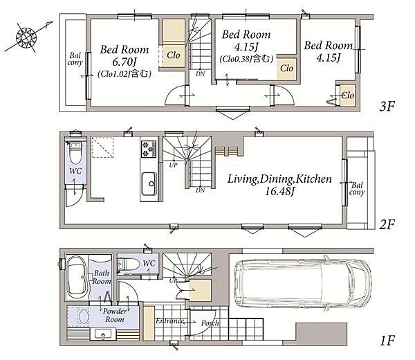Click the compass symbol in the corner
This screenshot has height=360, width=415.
point(26,37)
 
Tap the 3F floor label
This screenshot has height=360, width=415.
point(387,106)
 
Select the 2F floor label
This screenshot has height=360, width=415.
point(387,224)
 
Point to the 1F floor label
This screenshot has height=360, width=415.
point(387,341)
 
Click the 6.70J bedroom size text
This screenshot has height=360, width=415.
point(124,62)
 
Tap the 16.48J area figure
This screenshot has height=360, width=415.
point(279,191)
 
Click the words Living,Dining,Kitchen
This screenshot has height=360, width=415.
point(279,179)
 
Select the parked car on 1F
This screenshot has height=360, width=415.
point(303,283)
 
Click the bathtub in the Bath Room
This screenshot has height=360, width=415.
point(77,278)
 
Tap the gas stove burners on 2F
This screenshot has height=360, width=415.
point(149,149)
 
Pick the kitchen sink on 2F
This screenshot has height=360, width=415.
point(149,183)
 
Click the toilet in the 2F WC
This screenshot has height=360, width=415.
point(75,153)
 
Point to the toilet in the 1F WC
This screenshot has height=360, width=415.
point(129,264)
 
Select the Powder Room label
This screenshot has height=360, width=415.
point(114,315)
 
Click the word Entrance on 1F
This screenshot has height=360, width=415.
point(169,321)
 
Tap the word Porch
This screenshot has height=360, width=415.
point(210,323)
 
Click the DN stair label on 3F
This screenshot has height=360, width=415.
point(201,74)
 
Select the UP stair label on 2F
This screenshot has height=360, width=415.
point(173,165)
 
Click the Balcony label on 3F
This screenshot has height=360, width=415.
point(75,59)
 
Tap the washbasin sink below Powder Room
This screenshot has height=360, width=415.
point(102,334)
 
